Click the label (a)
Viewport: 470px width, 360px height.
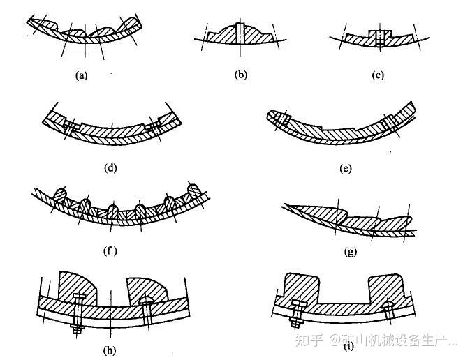pyautogui.click(x=81, y=77)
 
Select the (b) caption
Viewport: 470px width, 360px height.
pyautogui.click(x=241, y=75)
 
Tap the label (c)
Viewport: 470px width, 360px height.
pyautogui.click(x=378, y=75)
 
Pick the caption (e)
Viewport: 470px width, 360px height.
pyautogui.click(x=344, y=168)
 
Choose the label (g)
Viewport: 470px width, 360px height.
pyautogui.click(x=350, y=251)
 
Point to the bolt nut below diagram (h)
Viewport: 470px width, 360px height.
pyautogui.click(x=77, y=328)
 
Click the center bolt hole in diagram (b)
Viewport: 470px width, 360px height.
pyautogui.click(x=240, y=32)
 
